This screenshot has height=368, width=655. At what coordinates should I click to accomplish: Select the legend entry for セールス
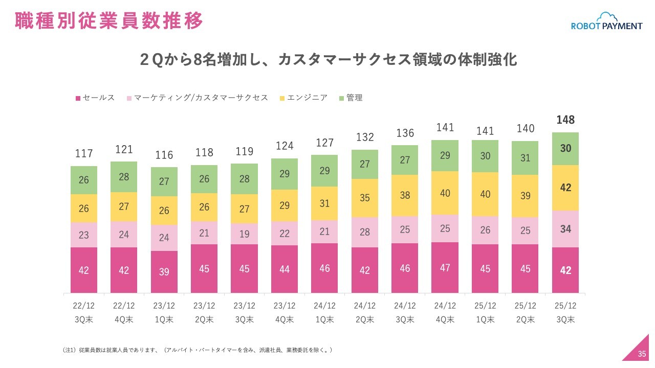point(96,98)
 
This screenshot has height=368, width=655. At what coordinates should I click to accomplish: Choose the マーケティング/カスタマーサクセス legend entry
point(198,98)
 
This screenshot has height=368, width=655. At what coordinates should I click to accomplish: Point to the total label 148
point(565,120)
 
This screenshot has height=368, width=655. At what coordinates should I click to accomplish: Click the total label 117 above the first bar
point(84,153)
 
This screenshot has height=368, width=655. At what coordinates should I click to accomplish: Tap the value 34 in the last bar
point(565,229)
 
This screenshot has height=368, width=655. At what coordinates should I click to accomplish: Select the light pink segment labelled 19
point(245,234)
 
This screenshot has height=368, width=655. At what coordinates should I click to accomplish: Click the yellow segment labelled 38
point(405,195)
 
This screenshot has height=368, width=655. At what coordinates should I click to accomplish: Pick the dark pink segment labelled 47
point(445,267)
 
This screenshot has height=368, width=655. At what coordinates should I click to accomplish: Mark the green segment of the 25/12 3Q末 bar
point(565,148)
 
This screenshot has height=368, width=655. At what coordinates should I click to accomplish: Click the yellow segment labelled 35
point(365,198)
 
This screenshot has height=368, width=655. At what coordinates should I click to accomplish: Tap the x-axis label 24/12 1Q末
point(325,313)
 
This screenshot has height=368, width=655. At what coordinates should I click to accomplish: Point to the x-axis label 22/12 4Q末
point(124,313)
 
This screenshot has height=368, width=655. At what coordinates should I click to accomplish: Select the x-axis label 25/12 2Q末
point(526,313)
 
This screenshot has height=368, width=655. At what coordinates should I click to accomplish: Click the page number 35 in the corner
point(642,354)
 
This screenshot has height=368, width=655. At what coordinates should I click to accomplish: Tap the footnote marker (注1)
point(69,350)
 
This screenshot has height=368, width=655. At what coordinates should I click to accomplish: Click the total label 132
point(365,137)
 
